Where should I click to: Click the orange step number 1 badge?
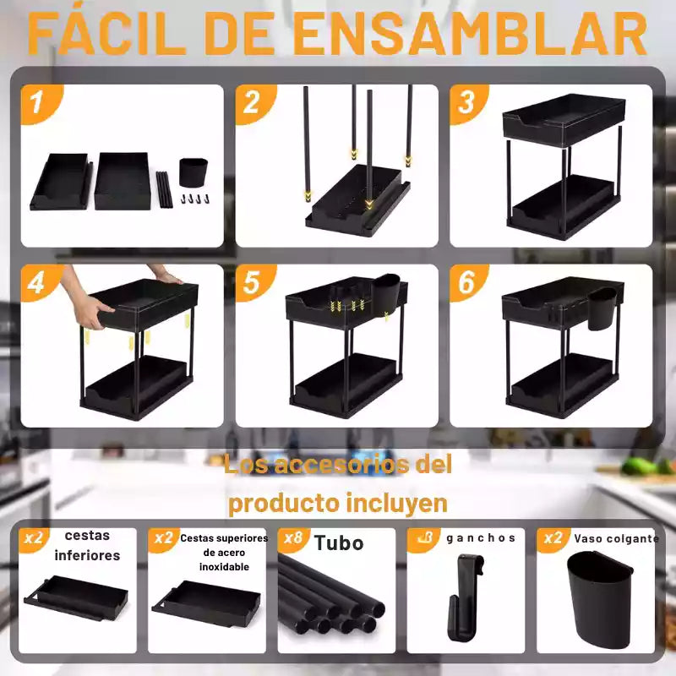coord(40,102)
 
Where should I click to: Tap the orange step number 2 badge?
coord(254,102)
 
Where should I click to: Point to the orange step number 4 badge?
coord(40,282)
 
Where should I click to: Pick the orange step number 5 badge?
coord(254,282)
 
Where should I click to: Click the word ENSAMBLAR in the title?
coord(472,34)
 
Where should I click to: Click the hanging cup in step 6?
coord(602,308)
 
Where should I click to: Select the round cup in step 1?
coord(194,172)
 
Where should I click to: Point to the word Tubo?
coord(339,542)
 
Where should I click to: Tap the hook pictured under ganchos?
coord(465,597)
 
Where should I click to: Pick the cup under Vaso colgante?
coord(598,601)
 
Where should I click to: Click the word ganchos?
coord(481,538)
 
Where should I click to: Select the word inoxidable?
coord(224,566)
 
